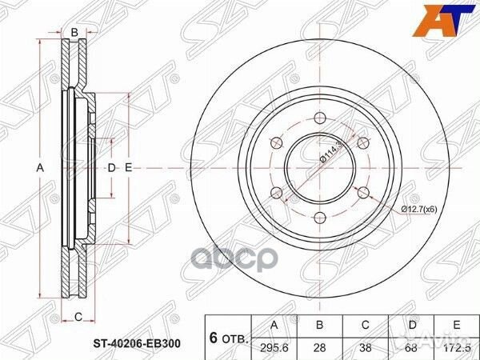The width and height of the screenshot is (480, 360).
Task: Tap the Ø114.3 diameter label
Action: (330, 150)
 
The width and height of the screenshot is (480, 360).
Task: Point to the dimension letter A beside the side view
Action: (38, 168)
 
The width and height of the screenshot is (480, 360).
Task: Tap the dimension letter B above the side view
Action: (74, 32)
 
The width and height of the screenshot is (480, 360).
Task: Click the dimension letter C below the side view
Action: (78, 318)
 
